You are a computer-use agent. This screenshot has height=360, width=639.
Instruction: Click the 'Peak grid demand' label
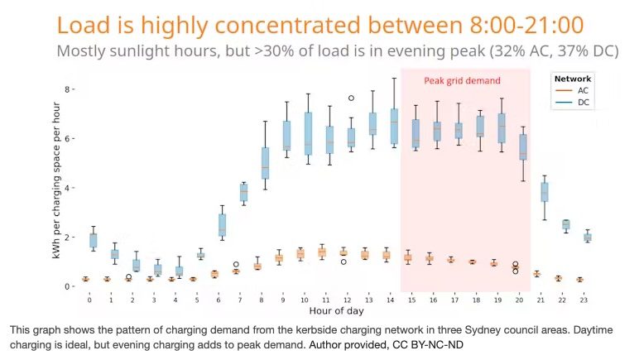462,81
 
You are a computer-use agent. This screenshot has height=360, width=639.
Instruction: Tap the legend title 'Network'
572,79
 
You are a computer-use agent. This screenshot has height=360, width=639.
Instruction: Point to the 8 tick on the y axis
69,89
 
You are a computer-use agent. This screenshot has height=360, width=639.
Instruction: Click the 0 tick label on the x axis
90,299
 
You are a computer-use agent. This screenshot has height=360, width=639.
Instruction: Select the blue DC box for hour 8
265,162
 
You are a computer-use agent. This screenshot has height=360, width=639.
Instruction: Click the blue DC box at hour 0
93,240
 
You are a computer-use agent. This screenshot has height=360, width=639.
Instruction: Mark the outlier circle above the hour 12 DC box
351,98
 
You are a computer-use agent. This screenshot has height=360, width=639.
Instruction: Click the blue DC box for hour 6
222,224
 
